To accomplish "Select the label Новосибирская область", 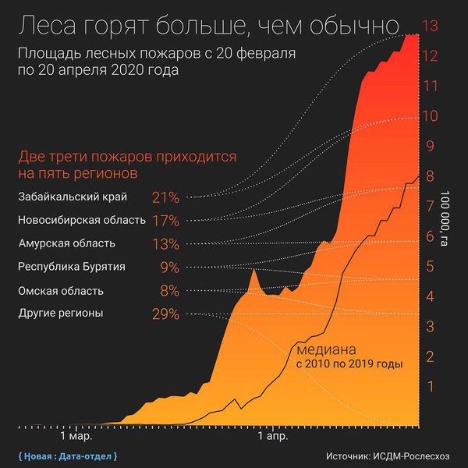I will point(81,220).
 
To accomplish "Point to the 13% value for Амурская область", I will point(166,244).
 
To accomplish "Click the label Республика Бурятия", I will point(72,267).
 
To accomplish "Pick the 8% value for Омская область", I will point(169,291).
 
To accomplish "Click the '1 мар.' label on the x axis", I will point(75,438).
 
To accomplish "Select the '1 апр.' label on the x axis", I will point(273,438).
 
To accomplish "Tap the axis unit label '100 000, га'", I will point(445,218).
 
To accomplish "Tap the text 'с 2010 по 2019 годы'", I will point(348,364).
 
